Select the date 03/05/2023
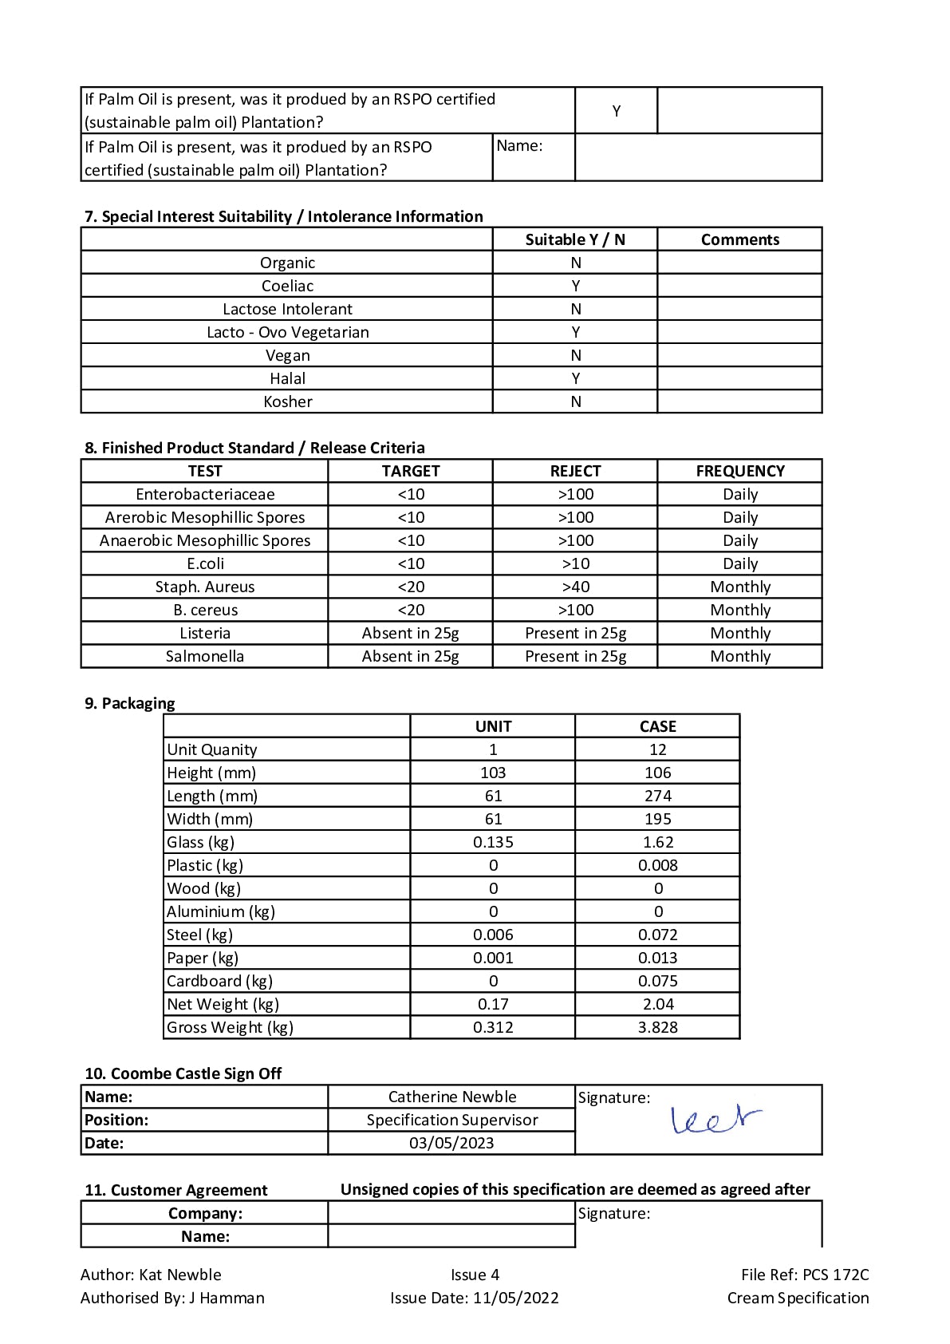[x=451, y=1143]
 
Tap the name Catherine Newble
[x=451, y=1097]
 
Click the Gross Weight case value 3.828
[x=657, y=1027]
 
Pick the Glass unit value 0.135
[x=493, y=842]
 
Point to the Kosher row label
[x=287, y=401]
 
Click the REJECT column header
[x=575, y=471]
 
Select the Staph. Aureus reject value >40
[x=575, y=587]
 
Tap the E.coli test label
[x=205, y=563]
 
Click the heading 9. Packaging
[x=130, y=703]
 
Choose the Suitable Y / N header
[x=575, y=239]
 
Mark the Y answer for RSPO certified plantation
[x=616, y=111]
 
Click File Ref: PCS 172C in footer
[x=804, y=1275]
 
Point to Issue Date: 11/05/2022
[x=475, y=1298]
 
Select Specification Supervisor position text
[x=451, y=1120]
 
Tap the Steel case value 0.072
[x=657, y=935]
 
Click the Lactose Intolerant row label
[x=287, y=309]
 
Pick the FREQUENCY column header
[x=740, y=471]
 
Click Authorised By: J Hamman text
[x=172, y=1298]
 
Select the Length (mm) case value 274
[x=657, y=796]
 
